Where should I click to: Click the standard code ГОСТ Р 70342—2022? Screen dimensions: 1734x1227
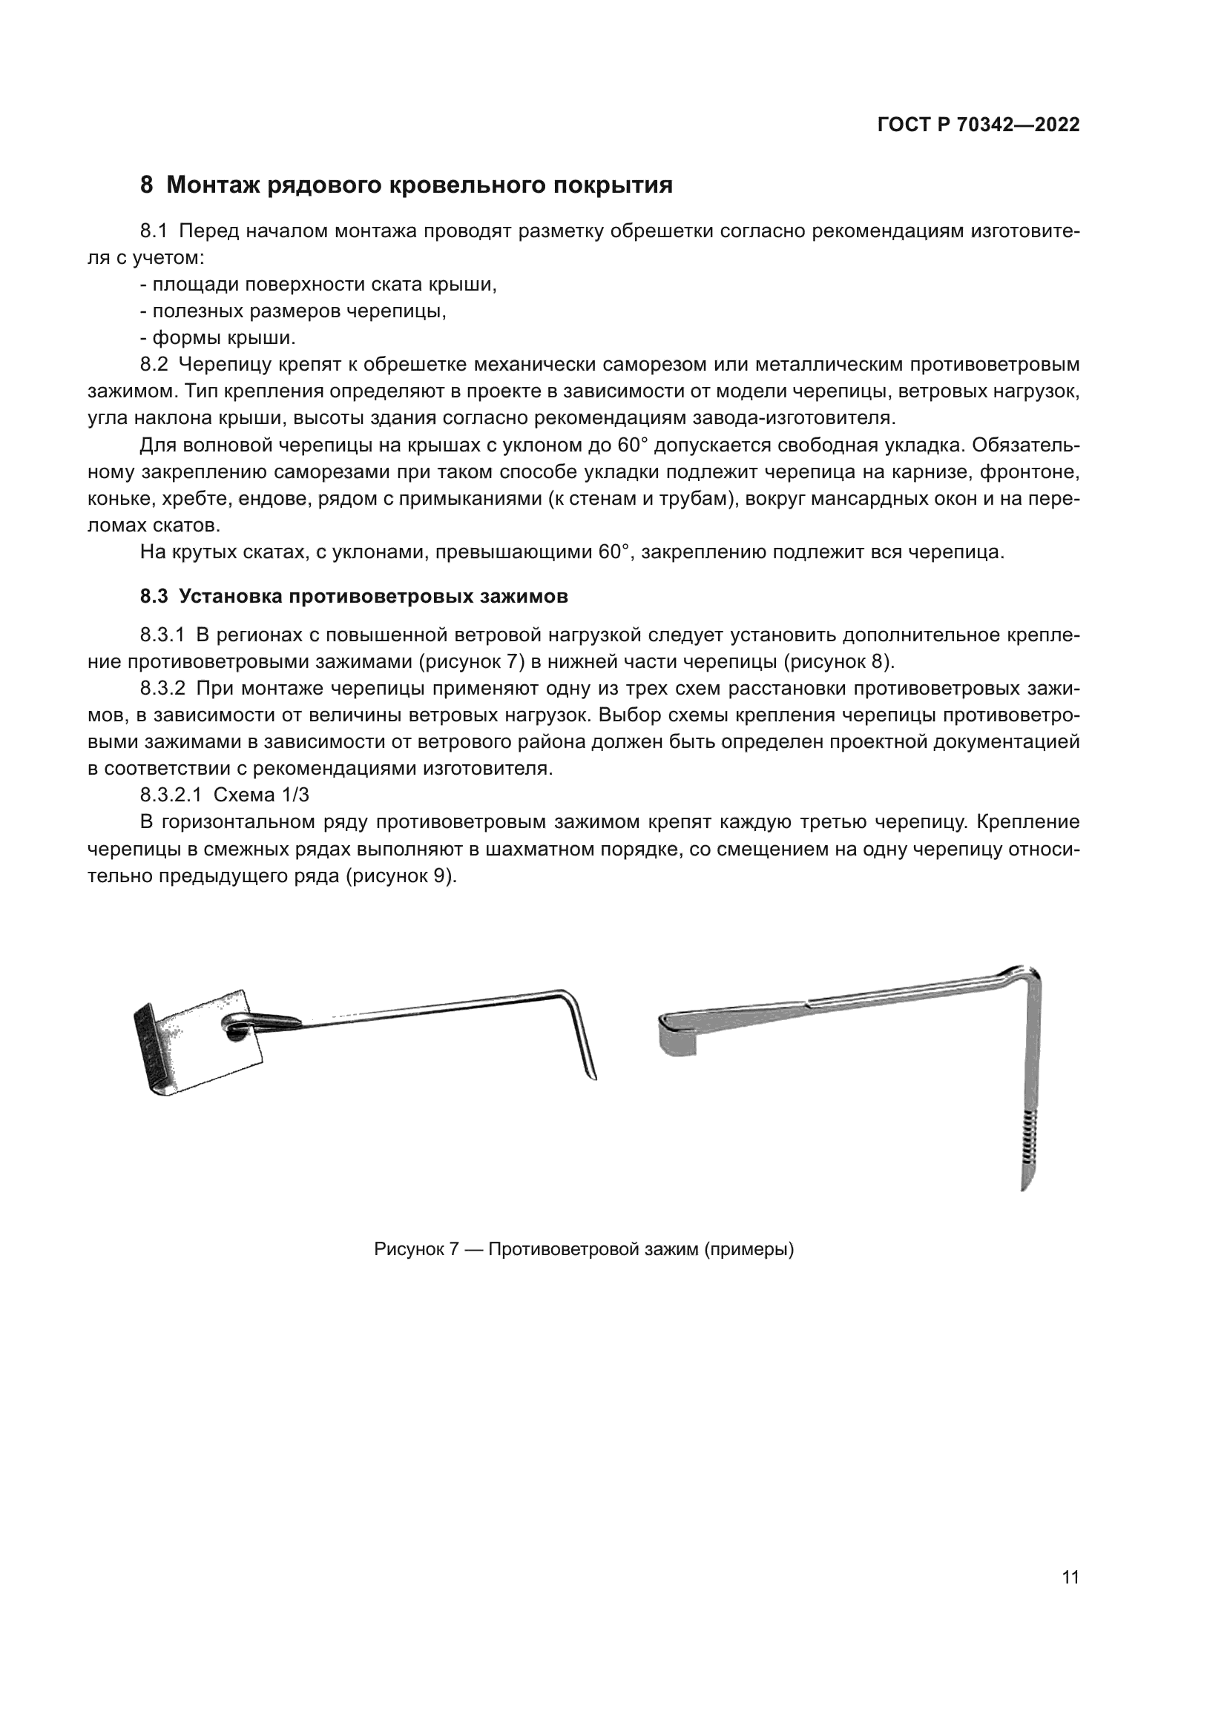point(978,125)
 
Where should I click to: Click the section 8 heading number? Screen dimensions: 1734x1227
point(147,185)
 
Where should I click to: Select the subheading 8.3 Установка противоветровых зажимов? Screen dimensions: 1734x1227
point(354,596)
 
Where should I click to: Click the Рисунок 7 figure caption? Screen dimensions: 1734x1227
point(583,1248)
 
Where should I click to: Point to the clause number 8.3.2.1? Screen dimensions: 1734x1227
point(171,795)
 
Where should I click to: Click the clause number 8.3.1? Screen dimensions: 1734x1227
point(162,635)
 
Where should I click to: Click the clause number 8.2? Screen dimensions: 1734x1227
point(154,365)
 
